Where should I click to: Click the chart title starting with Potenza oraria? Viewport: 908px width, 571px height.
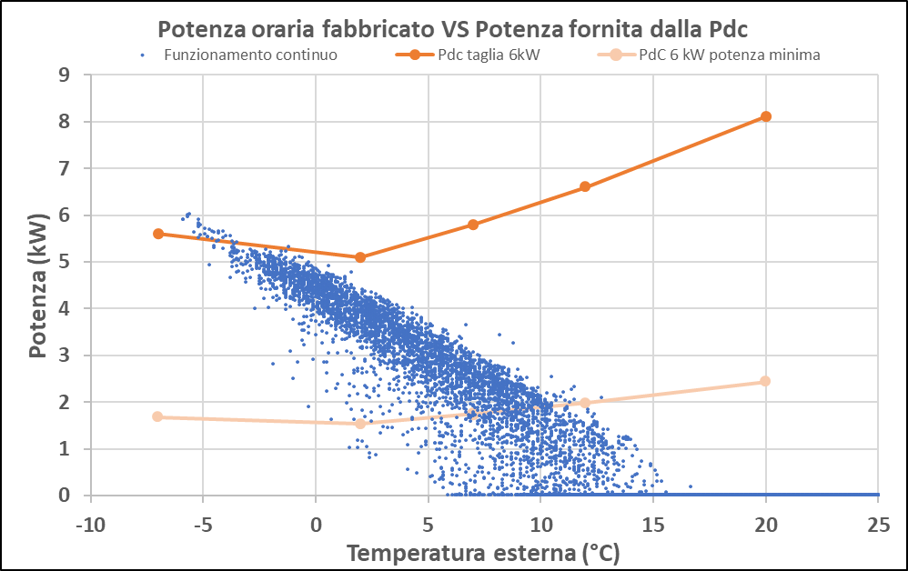(x=454, y=27)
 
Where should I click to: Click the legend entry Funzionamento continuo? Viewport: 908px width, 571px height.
(x=250, y=55)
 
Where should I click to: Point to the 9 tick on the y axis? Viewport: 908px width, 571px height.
(x=64, y=75)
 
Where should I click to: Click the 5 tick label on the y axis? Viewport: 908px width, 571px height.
(x=64, y=262)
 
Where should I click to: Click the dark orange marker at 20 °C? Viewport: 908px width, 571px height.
(x=766, y=116)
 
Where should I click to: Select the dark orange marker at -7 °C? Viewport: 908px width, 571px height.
(x=158, y=234)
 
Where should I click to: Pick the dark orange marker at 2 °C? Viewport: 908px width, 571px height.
(x=360, y=257)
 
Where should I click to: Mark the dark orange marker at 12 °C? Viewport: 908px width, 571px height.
(x=585, y=186)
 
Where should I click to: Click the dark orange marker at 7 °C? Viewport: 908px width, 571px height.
(x=473, y=225)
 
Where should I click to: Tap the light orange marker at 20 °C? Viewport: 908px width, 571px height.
(x=766, y=381)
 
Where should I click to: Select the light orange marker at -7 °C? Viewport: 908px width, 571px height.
(x=157, y=416)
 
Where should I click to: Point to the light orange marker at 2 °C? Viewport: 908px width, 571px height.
(x=360, y=424)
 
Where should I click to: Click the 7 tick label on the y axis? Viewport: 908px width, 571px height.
(x=64, y=168)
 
